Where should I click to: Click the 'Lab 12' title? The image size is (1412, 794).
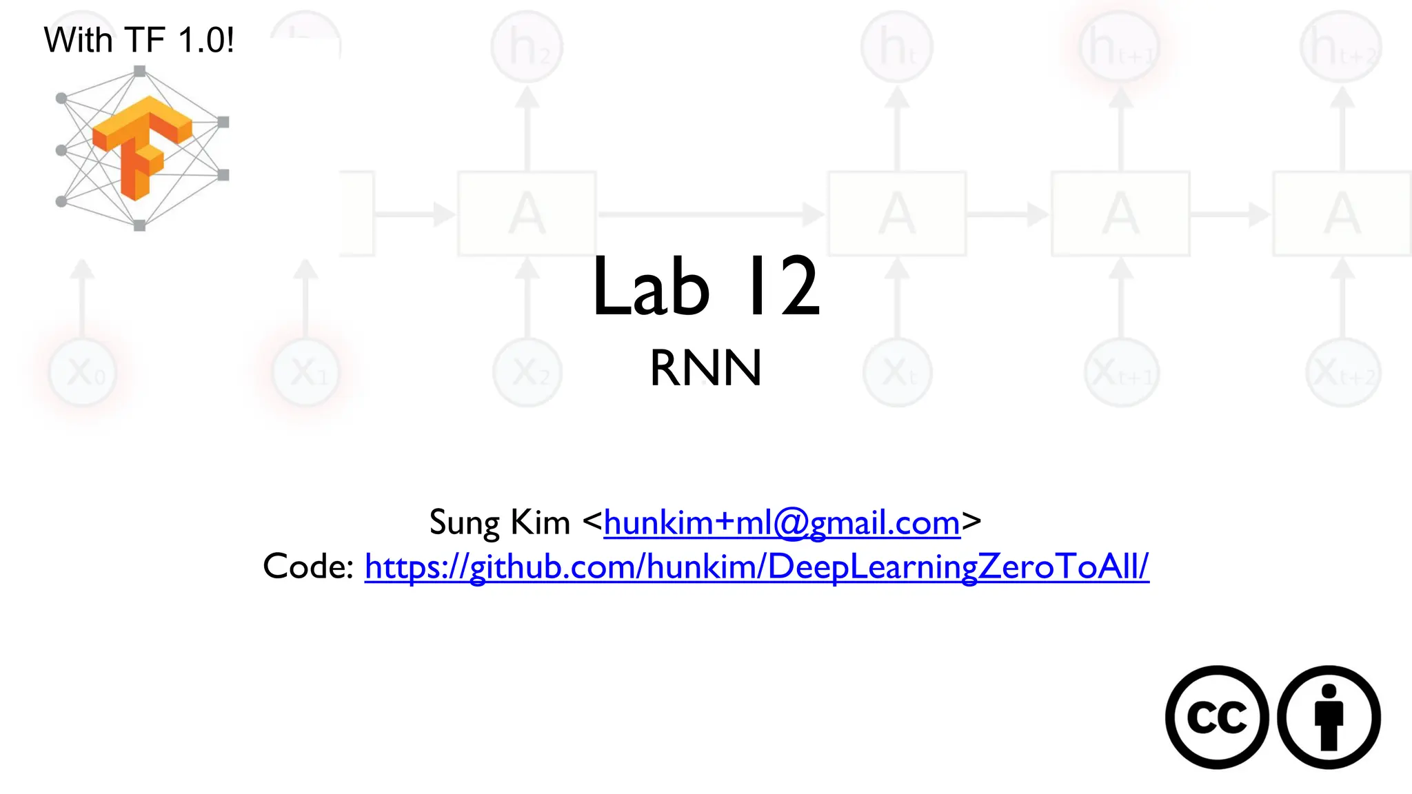coord(706,286)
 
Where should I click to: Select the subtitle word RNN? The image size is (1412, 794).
coord(706,368)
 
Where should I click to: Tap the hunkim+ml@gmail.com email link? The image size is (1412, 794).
coord(782,522)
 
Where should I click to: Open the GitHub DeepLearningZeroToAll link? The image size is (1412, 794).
coord(756,567)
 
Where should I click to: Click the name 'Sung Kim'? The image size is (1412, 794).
coord(499,522)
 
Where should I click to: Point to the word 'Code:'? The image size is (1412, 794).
coord(308,567)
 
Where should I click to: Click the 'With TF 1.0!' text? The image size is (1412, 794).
coord(139,39)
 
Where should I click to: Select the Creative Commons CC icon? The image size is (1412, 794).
coord(1217,717)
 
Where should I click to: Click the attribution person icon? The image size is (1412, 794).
coord(1329,717)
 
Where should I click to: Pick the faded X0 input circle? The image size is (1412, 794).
coord(83,372)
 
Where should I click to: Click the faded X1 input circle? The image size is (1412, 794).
coord(306,372)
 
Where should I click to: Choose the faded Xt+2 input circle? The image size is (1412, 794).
coord(1343,373)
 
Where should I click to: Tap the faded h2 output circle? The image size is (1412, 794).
coord(527,47)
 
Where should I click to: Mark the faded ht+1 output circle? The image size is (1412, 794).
coord(1120,47)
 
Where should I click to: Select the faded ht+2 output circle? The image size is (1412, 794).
coord(1341,47)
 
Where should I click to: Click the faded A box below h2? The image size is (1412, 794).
coord(527,214)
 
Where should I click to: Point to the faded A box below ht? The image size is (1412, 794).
coord(897,214)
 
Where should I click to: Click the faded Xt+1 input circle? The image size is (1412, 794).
coord(1122,373)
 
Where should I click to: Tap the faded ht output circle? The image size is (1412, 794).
coord(897,47)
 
